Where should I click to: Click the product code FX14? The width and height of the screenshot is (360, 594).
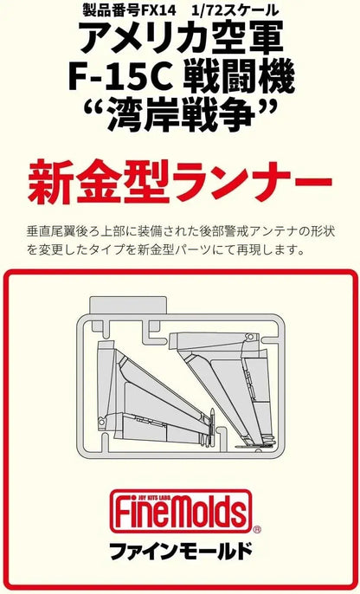158,11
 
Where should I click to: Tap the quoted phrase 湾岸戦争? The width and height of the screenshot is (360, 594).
181,114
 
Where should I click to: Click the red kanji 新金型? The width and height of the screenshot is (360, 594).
98,182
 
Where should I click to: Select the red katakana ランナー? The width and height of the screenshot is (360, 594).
250,182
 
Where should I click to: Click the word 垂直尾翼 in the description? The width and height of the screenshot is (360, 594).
50,231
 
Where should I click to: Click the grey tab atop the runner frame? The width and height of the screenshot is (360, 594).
128,306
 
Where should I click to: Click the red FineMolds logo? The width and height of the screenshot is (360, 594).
181,512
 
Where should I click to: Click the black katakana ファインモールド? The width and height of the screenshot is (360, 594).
181,552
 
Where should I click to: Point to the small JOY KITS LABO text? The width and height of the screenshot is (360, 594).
181,494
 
